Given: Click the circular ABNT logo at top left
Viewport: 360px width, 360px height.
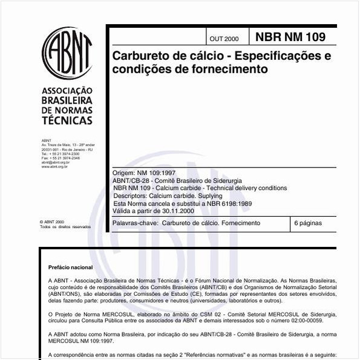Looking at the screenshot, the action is coord(67,52).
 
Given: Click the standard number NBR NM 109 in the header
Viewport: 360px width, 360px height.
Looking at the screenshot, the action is coord(290,37).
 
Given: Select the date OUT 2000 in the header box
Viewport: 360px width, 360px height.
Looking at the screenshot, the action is coord(224,39).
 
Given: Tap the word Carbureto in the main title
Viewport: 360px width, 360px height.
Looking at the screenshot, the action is coord(141,56).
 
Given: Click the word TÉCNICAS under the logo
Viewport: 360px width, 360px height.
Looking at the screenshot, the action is coord(67,120).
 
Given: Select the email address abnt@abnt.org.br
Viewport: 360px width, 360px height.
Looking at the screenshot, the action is coord(55,162).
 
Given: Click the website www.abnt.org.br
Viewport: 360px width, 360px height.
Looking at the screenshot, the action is coord(54,166).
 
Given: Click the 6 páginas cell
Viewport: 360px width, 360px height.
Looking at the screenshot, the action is coord(307,223).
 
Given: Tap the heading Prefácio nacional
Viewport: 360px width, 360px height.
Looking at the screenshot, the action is coord(70,267).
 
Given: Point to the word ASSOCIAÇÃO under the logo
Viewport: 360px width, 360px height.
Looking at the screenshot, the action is coord(67,91).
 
